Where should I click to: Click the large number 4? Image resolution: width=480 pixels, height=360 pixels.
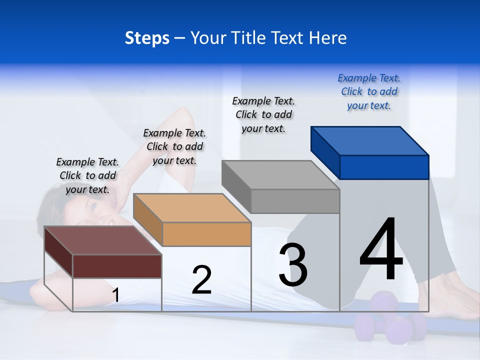pyautogui.click(x=381, y=249)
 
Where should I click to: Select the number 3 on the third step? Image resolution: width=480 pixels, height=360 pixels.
pyautogui.click(x=292, y=265)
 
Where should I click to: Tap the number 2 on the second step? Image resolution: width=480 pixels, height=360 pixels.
pyautogui.click(x=201, y=280)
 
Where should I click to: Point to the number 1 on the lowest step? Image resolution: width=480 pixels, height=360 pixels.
pyautogui.click(x=115, y=295)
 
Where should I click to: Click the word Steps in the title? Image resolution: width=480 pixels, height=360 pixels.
pyautogui.click(x=147, y=38)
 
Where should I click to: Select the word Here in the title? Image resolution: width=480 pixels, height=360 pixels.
pyautogui.click(x=328, y=38)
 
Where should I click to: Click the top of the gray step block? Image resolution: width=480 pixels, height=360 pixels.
pyautogui.click(x=280, y=175)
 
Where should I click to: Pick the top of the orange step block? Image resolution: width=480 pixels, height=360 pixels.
pyautogui.click(x=192, y=208)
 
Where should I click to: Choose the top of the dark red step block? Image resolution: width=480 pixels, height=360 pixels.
pyautogui.click(x=103, y=240)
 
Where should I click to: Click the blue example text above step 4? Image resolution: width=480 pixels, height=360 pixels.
pyautogui.click(x=369, y=92)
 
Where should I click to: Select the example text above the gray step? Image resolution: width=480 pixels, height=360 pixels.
pyautogui.click(x=263, y=114)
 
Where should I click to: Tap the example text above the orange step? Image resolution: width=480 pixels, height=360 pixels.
pyautogui.click(x=174, y=146)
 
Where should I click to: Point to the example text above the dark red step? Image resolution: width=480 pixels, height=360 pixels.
pyautogui.click(x=87, y=175)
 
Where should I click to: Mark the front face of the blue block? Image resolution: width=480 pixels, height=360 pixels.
pyautogui.click(x=384, y=167)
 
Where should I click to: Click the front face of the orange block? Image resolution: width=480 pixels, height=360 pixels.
pyautogui.click(x=206, y=234)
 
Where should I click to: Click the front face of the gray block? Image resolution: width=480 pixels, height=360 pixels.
pyautogui.click(x=295, y=201)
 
